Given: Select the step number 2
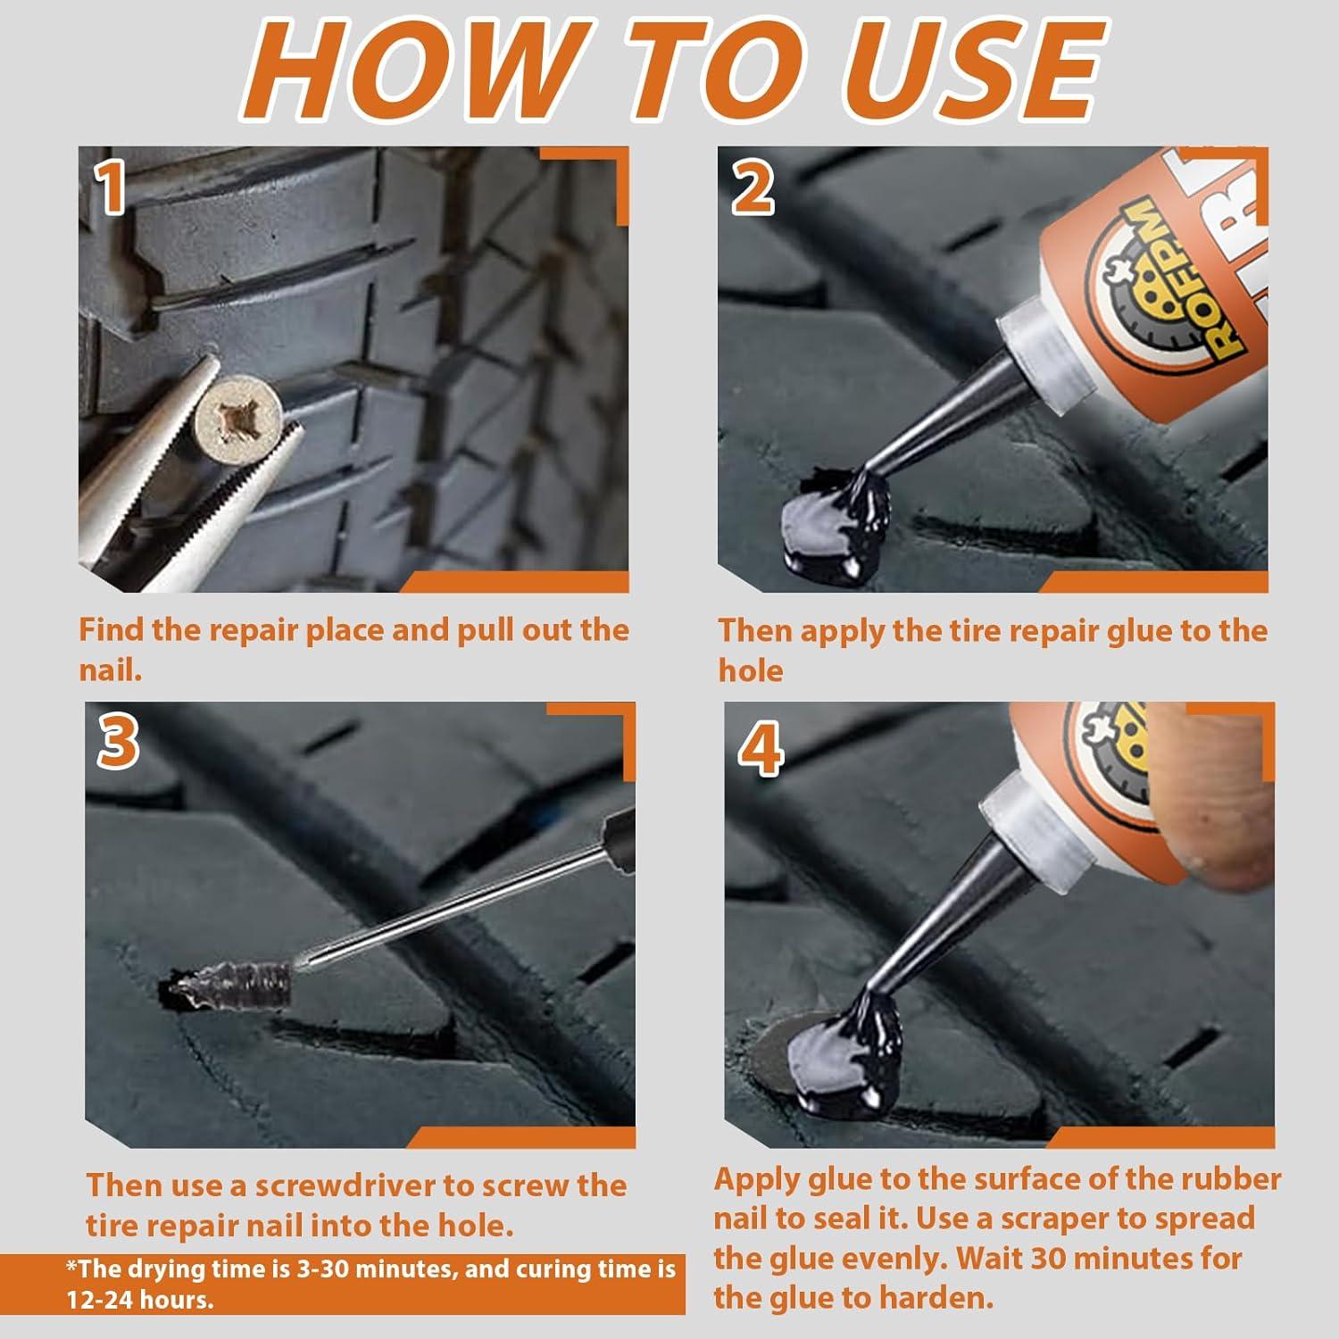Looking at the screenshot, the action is (753, 190).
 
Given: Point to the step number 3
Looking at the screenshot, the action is (118, 743).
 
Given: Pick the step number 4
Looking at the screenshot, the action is (761, 752).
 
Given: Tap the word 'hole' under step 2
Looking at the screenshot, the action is (751, 670).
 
